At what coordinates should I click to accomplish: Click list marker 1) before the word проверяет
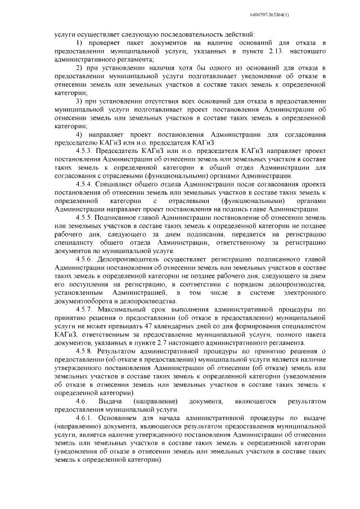79,43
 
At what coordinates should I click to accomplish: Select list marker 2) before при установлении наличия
79,67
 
